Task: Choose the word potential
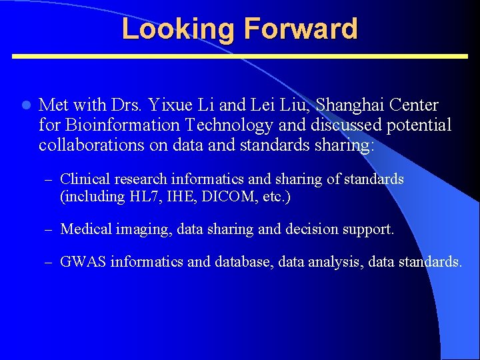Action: click(415, 125)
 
